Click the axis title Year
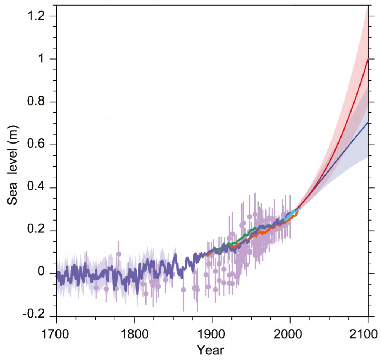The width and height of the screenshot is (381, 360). (211, 350)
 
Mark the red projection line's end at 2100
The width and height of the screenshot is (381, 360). (368, 60)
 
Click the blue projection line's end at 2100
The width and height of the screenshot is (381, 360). (368, 123)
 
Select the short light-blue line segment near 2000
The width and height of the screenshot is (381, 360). (292, 215)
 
